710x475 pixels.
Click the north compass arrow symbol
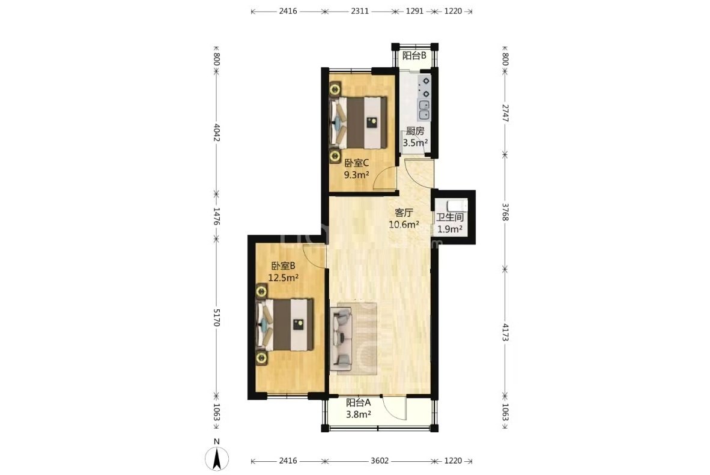coord(217,458)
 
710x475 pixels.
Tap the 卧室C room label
coord(356,163)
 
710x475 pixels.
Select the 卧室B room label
coord(283,266)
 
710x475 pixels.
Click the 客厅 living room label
coord(404,213)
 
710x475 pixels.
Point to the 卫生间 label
coord(450,217)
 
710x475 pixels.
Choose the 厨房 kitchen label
coord(415,132)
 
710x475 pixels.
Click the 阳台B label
coord(414,56)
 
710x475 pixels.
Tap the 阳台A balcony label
coord(358,402)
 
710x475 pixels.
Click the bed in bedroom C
coord(358,123)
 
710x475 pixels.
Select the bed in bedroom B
coord(284,324)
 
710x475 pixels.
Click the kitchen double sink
coord(424,110)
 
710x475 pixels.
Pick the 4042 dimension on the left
coord(216,132)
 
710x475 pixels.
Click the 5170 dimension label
coord(216,318)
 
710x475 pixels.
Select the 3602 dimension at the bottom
coord(380,461)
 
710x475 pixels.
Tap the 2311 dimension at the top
coord(360,11)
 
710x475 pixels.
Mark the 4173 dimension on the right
coord(505,332)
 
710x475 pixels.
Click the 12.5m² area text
coord(283,277)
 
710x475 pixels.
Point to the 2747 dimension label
coord(505,113)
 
